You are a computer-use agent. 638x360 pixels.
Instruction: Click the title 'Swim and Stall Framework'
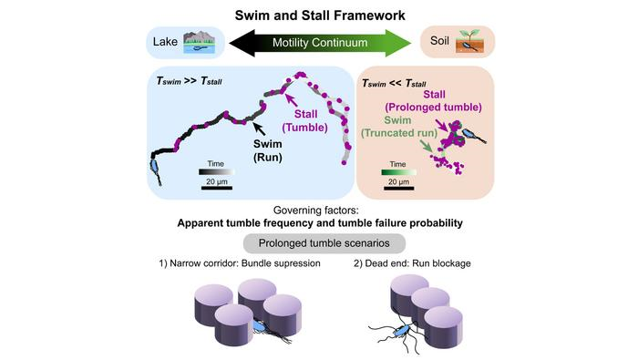[318, 15]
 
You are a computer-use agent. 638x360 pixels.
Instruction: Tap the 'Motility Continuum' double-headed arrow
[318, 43]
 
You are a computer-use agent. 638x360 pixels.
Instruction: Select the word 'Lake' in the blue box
[164, 43]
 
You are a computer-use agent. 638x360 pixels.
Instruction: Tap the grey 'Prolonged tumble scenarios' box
[318, 244]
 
